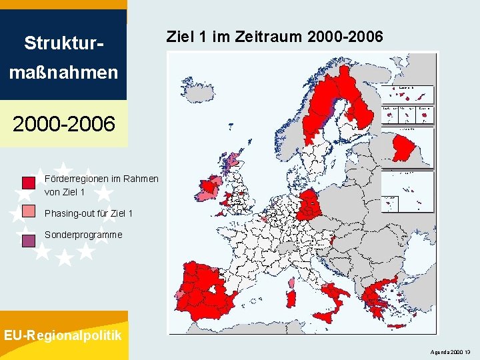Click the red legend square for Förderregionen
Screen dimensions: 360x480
coord(29,182)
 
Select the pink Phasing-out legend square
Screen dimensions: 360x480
coord(29,211)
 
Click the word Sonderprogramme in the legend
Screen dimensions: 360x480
coord(83,235)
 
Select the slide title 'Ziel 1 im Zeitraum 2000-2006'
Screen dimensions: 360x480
coord(275,37)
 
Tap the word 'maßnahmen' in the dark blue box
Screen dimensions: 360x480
coord(64,71)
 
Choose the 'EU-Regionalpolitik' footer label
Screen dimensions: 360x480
coord(63,335)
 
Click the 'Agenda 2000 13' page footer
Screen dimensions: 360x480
coord(451,351)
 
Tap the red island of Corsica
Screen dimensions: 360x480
coord(291,283)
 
